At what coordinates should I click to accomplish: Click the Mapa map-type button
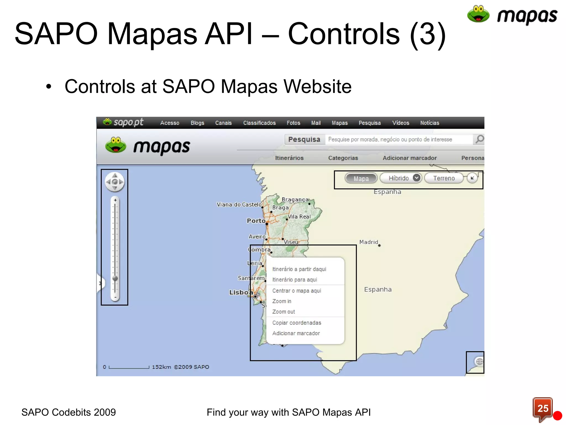[361, 178]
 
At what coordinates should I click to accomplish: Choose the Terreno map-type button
[444, 178]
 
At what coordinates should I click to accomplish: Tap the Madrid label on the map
[368, 242]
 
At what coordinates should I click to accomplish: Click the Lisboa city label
[241, 292]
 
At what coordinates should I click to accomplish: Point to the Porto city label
[256, 221]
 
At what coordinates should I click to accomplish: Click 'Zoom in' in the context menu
[282, 301]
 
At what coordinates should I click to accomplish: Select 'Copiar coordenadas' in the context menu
[297, 323]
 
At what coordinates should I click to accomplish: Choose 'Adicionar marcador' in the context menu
[296, 333]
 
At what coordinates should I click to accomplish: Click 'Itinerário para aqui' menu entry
[295, 279]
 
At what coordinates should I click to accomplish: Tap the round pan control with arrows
[115, 182]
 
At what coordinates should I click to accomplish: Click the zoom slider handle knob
[115, 278]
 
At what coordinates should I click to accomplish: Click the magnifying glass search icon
[479, 139]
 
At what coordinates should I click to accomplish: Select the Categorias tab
[343, 158]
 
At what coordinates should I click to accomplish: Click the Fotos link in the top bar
[293, 123]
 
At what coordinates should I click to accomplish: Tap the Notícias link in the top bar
[429, 123]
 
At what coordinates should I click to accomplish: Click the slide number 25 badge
[543, 408]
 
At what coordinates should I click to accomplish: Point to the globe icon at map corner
[479, 361]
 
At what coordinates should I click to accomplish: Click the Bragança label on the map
[295, 199]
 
